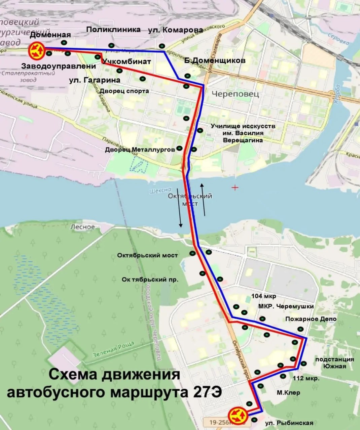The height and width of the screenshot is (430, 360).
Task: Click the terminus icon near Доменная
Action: click(37, 50)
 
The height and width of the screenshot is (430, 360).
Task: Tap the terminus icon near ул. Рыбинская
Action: click(238, 416)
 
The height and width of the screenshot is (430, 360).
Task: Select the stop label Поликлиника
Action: click(113, 30)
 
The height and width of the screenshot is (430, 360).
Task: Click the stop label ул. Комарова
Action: click(175, 30)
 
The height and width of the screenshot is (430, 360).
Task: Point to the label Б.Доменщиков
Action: click(215, 61)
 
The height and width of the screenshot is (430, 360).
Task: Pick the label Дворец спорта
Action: click(124, 91)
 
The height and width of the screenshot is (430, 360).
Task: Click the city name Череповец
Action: click(236, 94)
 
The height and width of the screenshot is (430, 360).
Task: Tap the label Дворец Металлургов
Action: click(140, 149)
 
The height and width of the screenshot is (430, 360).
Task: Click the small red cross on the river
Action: click(235, 187)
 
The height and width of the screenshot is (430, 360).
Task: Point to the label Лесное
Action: click(82, 227)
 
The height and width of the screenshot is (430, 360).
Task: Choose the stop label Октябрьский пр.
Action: click(150, 279)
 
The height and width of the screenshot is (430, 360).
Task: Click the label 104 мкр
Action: click(264, 296)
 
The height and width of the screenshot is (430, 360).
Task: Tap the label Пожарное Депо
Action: click(311, 319)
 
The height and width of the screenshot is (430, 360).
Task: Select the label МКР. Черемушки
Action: click(286, 306)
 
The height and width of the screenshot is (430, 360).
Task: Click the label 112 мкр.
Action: click(306, 378)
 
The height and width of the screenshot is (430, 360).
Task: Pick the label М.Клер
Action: click(288, 393)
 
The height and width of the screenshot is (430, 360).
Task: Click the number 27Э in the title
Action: click(207, 392)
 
